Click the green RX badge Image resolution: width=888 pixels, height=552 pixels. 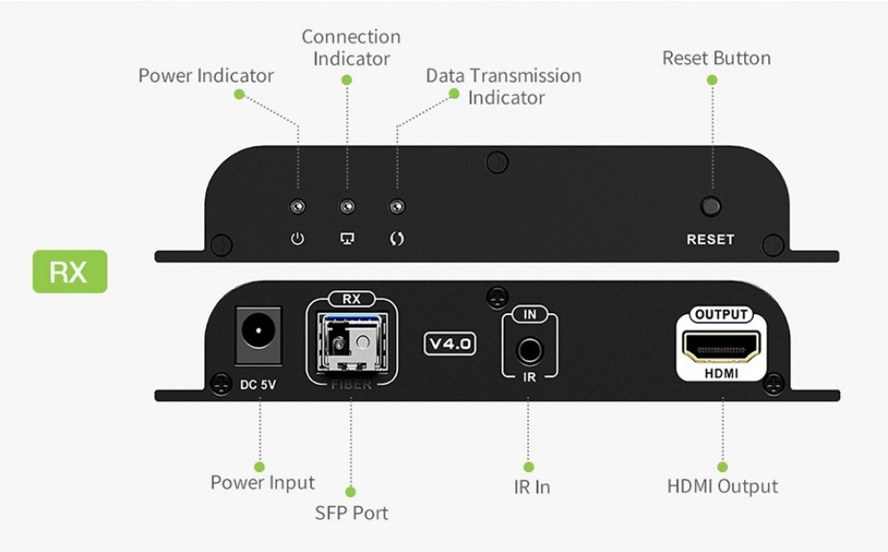click(69, 272)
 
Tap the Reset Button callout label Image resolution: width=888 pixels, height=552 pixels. click(716, 59)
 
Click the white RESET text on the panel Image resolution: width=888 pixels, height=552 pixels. click(710, 240)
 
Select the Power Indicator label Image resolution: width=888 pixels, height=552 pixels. click(206, 76)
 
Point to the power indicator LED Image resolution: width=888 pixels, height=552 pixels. click(298, 208)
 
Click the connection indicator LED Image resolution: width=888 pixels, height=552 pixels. click(348, 208)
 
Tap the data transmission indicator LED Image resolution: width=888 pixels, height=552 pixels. click(398, 208)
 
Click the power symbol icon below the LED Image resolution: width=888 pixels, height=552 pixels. click(298, 239)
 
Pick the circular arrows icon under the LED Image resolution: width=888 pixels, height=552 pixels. click(398, 239)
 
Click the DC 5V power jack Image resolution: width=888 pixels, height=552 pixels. click(258, 335)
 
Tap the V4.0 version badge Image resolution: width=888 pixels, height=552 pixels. click(450, 343)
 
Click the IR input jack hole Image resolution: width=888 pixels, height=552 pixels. click(530, 349)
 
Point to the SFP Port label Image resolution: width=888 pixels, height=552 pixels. click(351, 513)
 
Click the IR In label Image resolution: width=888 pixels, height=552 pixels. click(531, 487)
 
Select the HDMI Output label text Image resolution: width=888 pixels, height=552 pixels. click(722, 486)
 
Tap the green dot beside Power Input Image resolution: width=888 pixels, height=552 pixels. click(259, 467)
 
